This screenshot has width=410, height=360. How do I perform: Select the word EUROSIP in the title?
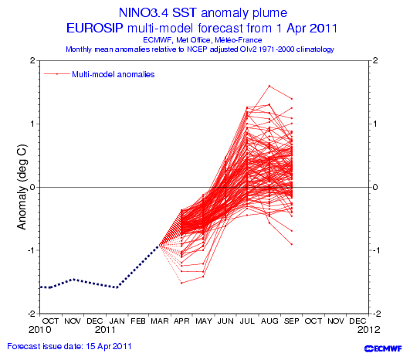[x=94, y=28]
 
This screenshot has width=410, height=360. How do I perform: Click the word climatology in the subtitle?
[x=315, y=49]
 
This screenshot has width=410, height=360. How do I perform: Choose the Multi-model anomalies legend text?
[x=114, y=74]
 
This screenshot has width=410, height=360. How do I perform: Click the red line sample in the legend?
[x=56, y=74]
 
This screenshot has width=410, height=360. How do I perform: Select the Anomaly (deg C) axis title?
[x=22, y=187]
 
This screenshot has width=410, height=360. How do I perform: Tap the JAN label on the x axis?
[x=117, y=321]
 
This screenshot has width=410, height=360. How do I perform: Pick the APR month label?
[x=181, y=321]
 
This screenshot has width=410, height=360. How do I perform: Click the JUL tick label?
[x=247, y=321]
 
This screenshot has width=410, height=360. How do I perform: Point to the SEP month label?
[x=291, y=321]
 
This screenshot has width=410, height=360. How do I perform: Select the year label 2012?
[x=368, y=330]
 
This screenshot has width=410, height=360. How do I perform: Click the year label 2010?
[x=39, y=330]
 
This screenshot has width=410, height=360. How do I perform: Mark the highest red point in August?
[x=269, y=86]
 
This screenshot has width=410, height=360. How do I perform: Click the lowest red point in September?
[x=292, y=244]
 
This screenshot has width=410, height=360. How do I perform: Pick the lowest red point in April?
[x=181, y=283]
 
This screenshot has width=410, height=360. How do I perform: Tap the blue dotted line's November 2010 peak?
[x=74, y=279]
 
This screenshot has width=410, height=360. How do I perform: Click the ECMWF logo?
[x=383, y=348]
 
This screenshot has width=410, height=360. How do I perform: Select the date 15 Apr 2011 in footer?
[x=109, y=346]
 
